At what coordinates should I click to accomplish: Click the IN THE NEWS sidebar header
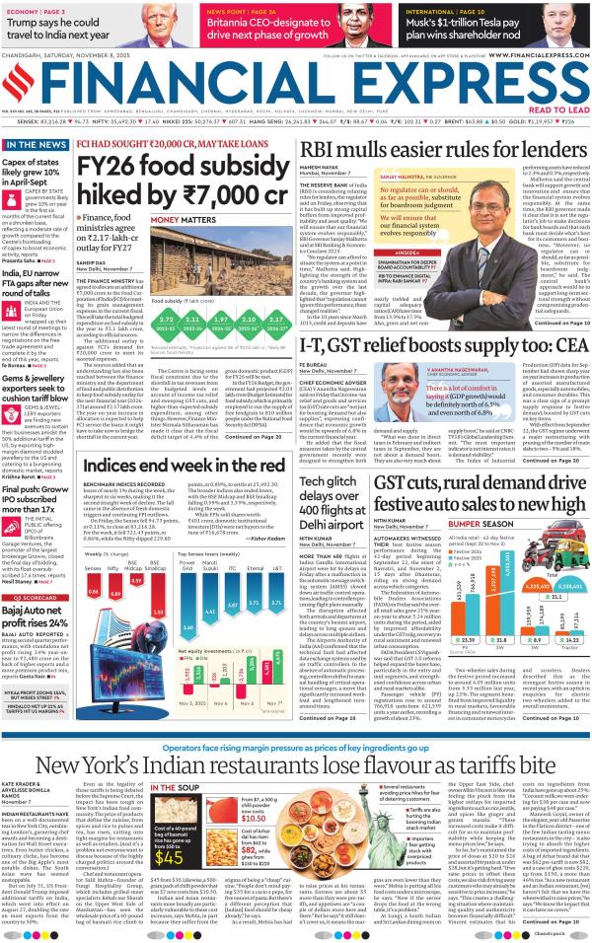tap(34, 145)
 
